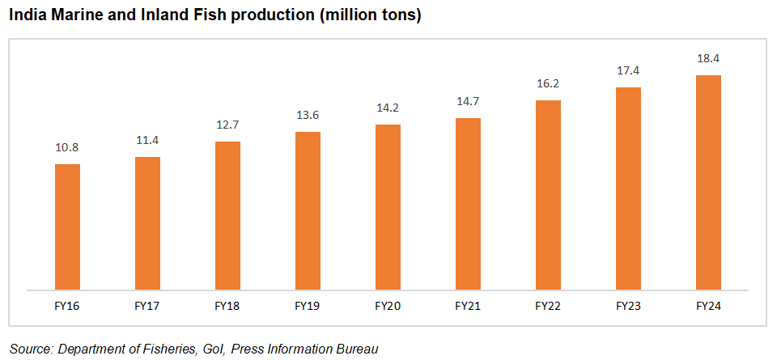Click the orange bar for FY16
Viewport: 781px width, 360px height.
point(67,227)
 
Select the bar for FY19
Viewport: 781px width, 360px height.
point(308,210)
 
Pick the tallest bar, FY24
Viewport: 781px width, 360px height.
point(708,182)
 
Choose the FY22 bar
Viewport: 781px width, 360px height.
point(548,194)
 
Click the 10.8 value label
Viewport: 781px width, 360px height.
point(67,148)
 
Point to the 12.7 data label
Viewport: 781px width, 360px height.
point(227,125)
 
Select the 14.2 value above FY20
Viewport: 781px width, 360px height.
point(388,108)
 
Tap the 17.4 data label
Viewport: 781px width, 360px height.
point(628,71)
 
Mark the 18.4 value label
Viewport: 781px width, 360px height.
point(708,59)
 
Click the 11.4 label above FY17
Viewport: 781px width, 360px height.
point(147,141)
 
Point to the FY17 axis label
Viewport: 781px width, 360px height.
point(147,307)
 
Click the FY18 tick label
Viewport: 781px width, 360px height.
point(227,307)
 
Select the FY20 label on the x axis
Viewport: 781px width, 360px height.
point(388,307)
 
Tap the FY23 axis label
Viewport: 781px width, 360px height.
point(628,307)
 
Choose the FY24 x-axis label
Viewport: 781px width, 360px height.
point(708,307)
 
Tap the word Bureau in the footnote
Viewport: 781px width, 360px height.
point(357,349)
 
